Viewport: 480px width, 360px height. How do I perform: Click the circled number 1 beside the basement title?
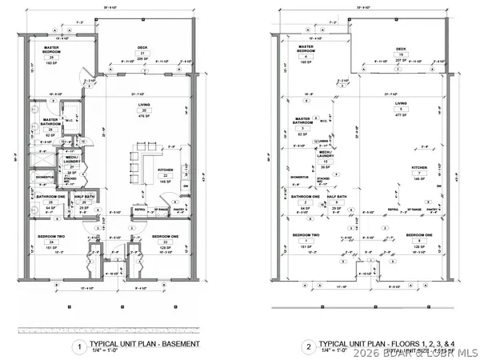pyautogui.click(x=78, y=346)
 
